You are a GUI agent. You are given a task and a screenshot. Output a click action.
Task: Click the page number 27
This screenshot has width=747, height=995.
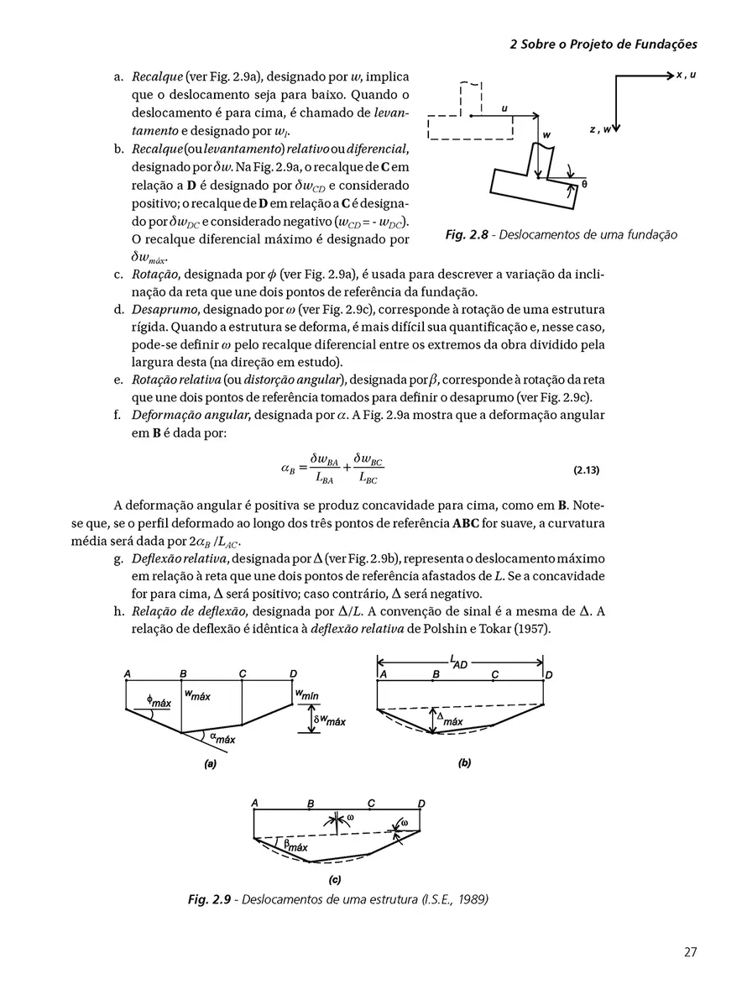click(690, 952)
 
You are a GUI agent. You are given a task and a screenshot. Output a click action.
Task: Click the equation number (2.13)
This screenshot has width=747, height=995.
click(585, 471)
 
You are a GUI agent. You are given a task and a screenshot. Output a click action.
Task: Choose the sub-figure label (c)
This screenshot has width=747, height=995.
click(335, 880)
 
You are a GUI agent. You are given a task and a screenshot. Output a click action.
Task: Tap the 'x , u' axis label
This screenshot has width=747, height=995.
click(687, 76)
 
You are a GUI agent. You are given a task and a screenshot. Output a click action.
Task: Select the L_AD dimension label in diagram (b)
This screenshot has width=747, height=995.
click(458, 663)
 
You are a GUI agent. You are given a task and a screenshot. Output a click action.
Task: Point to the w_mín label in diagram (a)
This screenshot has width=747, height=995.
click(306, 696)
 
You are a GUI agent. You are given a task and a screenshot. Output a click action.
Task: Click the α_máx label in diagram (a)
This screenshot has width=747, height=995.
click(222, 739)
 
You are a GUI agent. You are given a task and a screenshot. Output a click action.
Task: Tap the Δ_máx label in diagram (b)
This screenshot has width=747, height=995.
click(448, 720)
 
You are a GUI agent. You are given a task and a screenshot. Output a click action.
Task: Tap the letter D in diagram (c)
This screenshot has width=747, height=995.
click(421, 804)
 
